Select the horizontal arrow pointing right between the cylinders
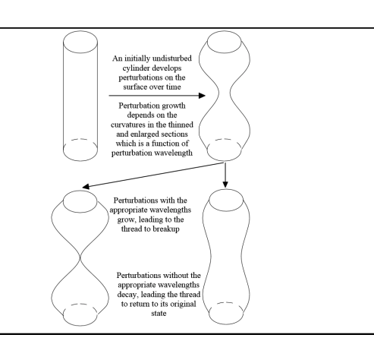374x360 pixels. [x=156, y=96]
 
